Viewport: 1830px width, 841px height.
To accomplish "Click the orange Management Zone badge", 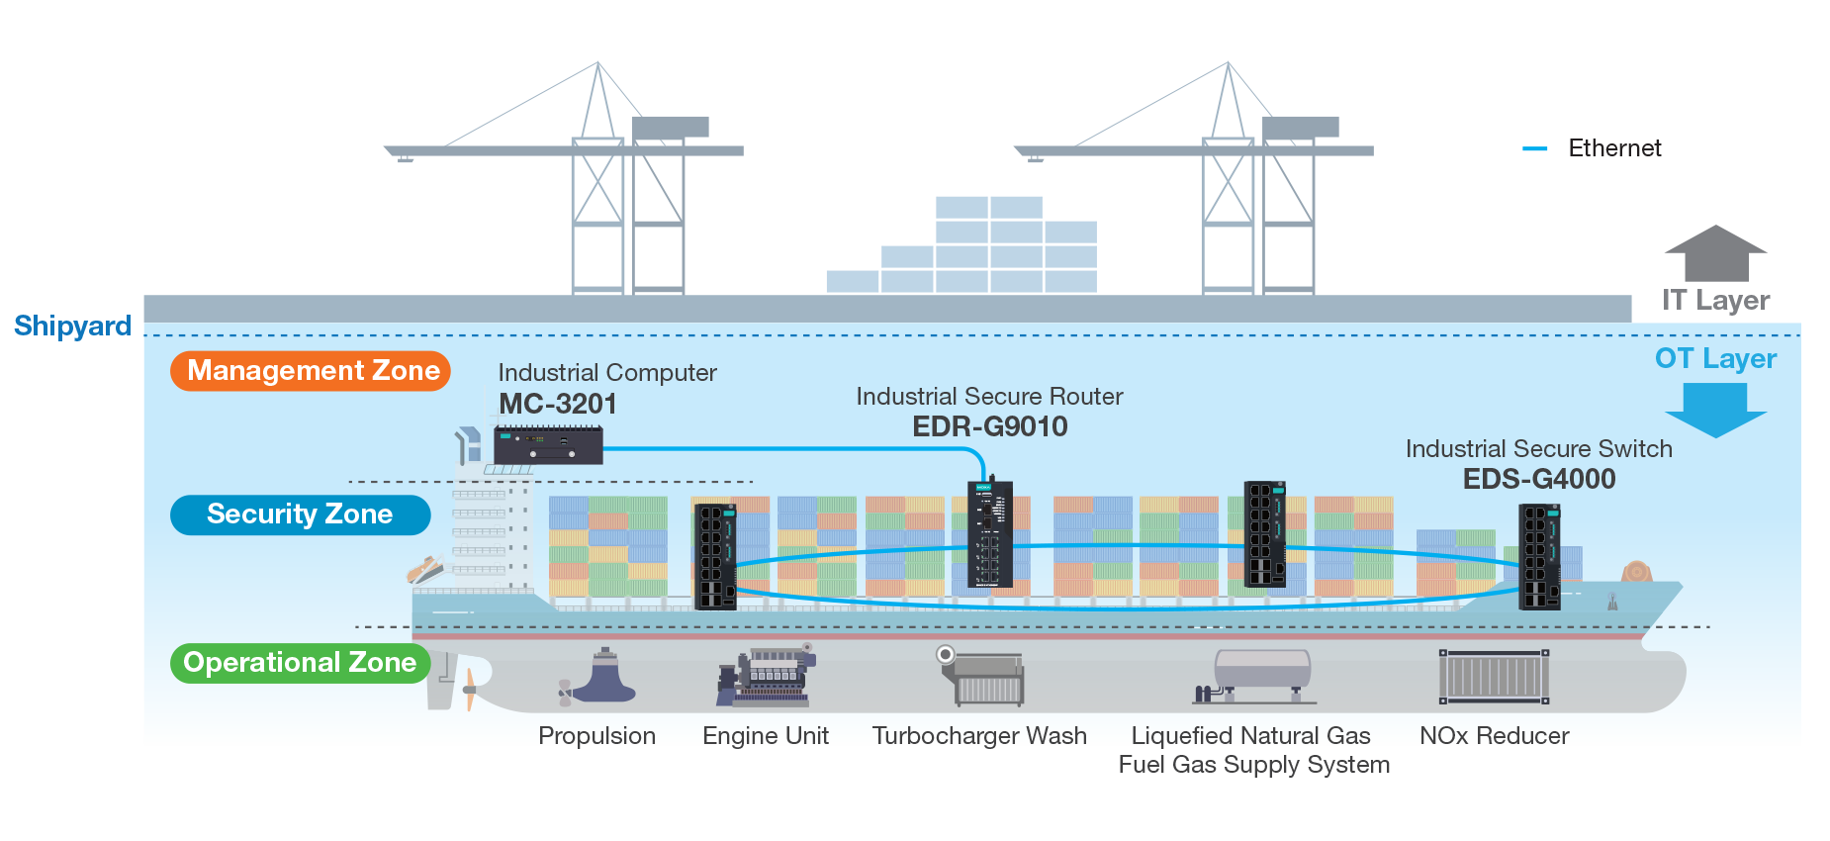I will point(311,371).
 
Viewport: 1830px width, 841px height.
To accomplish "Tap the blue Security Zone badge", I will point(300,514).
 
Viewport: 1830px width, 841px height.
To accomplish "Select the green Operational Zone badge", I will point(300,663).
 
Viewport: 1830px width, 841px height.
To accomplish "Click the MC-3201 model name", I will point(558,404).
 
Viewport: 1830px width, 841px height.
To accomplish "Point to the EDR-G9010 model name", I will point(989,426).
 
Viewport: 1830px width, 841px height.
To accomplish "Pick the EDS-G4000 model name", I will point(1539,479).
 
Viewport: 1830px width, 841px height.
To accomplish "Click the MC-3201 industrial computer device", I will point(548,445).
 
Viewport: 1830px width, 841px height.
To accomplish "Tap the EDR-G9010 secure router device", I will point(990,534).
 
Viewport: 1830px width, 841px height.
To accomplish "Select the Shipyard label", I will point(72,326).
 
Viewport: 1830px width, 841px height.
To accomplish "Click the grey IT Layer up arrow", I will point(1715,253).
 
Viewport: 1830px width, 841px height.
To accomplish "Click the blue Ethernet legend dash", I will point(1535,148).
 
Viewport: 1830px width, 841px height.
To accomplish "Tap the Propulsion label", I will point(596,736).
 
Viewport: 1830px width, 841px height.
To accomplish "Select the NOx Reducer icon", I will point(1494,677).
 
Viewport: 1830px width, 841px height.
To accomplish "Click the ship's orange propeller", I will point(470,688).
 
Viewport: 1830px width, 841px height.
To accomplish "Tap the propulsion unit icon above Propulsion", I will point(599,677).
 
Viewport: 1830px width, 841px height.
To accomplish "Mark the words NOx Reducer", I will point(1494,736).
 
